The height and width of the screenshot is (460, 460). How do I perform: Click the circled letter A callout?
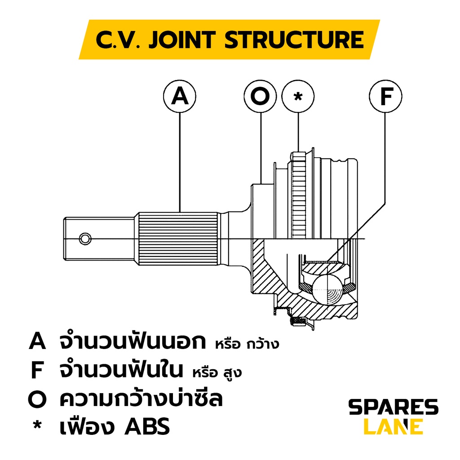click(180, 96)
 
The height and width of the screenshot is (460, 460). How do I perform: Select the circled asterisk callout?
click(298, 96)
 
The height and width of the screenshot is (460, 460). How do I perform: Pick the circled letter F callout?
click(385, 96)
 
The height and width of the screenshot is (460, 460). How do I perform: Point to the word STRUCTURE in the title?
click(294, 40)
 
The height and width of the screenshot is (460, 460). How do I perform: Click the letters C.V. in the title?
click(118, 40)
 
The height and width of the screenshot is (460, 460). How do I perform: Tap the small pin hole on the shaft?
click(84, 239)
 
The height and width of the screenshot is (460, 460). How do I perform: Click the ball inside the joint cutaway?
click(327, 289)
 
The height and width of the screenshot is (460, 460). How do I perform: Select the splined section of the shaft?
click(178, 238)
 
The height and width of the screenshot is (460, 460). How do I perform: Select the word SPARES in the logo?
click(393, 408)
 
